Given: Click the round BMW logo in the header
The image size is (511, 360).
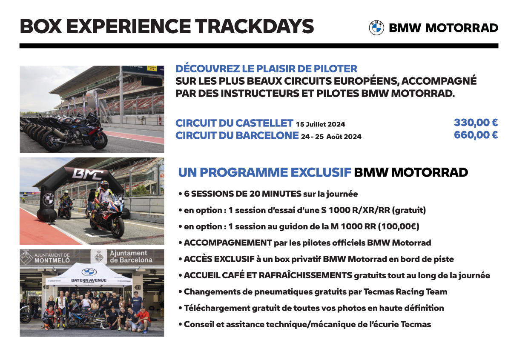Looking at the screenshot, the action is click(x=376, y=28).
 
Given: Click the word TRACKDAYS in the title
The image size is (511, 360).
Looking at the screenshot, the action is click(x=254, y=26).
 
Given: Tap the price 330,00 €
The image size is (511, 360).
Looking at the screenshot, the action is click(x=476, y=123).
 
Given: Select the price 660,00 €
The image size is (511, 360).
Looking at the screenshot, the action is click(x=476, y=135).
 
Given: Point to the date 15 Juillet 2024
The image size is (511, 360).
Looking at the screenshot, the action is click(x=321, y=124).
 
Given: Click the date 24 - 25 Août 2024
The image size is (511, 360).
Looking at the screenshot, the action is click(x=331, y=137).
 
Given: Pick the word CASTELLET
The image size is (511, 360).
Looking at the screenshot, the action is click(x=264, y=123).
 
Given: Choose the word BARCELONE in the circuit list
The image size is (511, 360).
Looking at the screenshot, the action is click(x=267, y=135).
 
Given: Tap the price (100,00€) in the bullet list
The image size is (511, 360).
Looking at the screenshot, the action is click(x=399, y=226).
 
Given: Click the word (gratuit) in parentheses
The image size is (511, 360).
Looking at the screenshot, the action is click(x=409, y=210).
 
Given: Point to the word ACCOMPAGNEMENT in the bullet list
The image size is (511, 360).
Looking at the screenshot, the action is click(x=228, y=243).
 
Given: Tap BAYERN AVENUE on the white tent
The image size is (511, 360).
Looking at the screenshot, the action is click(x=89, y=280).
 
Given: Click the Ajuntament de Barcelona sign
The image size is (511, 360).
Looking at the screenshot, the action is click(x=122, y=257).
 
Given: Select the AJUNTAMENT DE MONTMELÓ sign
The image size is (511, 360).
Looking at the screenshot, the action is click(x=45, y=258).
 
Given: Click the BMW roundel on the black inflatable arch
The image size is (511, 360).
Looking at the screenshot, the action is click(x=49, y=200).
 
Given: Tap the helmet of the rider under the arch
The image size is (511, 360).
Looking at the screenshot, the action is click(x=105, y=185).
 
